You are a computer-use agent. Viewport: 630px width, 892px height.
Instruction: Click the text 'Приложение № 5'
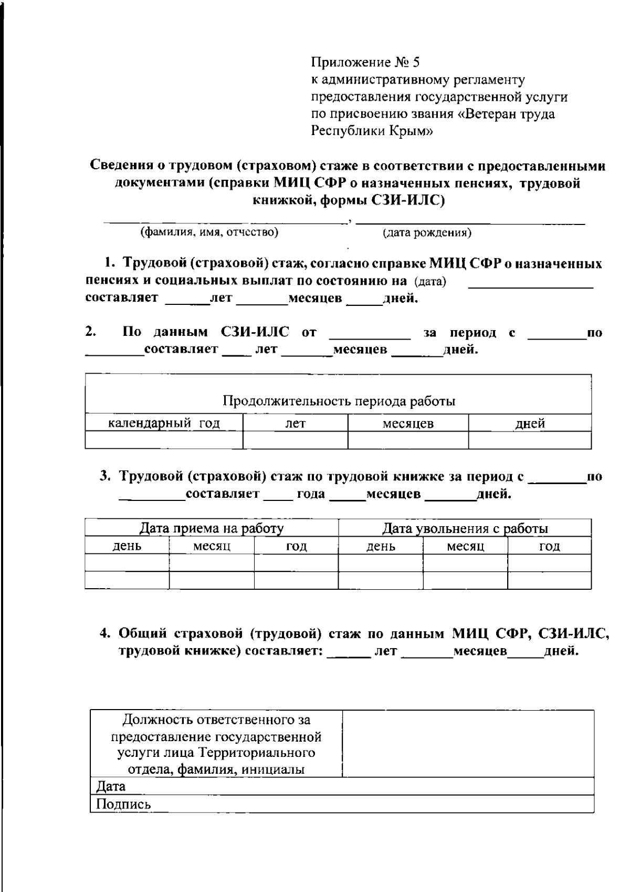click(365, 63)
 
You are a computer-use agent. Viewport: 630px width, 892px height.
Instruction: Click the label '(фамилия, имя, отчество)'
click(208, 232)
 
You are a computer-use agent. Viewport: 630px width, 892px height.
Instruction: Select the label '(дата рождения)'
click(427, 233)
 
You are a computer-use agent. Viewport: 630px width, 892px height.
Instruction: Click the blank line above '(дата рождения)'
click(470, 223)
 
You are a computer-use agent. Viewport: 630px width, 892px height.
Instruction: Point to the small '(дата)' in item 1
click(430, 282)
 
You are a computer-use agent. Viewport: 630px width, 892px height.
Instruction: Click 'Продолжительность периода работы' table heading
click(339, 402)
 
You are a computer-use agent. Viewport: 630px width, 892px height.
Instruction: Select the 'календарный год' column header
click(164, 424)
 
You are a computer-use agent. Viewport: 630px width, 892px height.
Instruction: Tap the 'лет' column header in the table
click(295, 424)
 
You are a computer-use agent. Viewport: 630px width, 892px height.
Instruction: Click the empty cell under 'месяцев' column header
click(408, 440)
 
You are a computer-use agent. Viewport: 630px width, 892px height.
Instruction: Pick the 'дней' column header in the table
click(530, 424)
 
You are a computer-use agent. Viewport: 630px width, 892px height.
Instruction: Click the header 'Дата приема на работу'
click(212, 528)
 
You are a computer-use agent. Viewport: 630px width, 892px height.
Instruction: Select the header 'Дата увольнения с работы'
click(465, 528)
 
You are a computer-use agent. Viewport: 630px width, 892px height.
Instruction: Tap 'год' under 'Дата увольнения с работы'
click(550, 546)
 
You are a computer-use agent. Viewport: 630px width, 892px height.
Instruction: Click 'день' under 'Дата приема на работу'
click(127, 546)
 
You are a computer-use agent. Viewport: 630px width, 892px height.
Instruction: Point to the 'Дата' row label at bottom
click(111, 786)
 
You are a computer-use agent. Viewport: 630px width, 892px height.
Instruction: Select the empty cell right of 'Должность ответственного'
click(468, 743)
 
